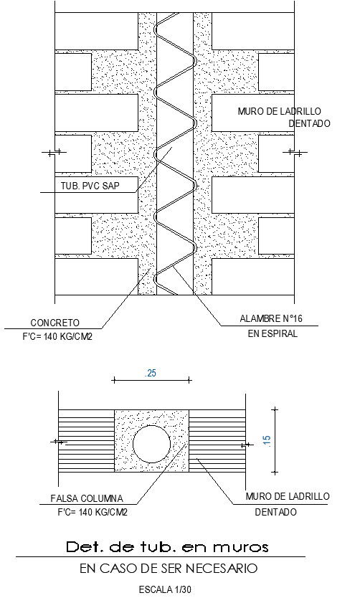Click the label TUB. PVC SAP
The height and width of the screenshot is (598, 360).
[90, 186]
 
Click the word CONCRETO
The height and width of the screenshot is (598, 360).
[55, 323]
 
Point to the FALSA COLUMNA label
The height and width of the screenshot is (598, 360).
[87, 498]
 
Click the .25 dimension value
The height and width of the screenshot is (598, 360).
[151, 374]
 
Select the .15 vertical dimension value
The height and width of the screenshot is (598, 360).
[267, 441]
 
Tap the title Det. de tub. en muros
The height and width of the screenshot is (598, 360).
[166, 547]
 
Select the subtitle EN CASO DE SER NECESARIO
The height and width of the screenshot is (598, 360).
[168, 569]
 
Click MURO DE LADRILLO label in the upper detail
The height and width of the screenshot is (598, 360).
[279, 111]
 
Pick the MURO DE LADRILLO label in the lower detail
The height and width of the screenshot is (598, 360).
[287, 496]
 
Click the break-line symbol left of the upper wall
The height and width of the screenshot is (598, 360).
[53, 152]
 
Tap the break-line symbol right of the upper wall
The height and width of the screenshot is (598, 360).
[293, 152]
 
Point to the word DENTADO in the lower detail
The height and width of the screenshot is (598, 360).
[275, 512]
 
